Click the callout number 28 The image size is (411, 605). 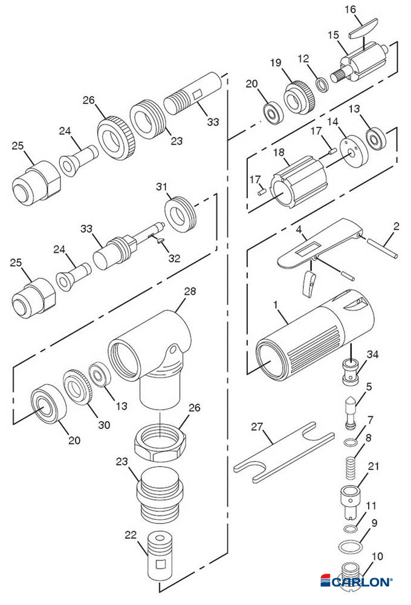coord(190,292)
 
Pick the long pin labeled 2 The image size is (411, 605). coord(381,248)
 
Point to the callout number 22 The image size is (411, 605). coord(131,535)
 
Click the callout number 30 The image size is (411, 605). coord(104,425)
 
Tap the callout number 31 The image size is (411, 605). coord(178,185)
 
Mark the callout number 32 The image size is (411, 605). coord(175,258)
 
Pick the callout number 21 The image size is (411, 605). coord(374,465)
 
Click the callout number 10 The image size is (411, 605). coord(377,555)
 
